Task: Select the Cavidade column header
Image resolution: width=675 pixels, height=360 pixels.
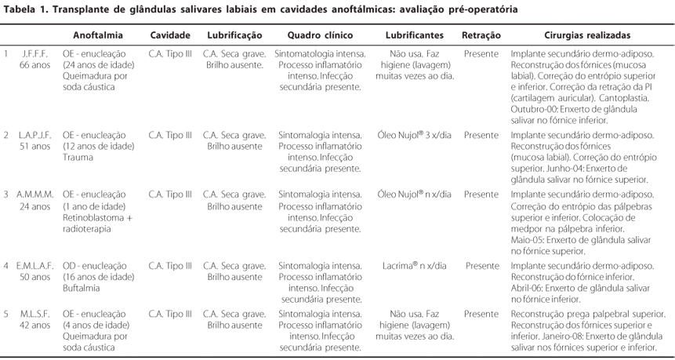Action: pos(169,35)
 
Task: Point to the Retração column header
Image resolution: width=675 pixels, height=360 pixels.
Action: pos(481,35)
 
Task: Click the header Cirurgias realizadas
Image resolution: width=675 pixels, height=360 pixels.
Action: pos(587,35)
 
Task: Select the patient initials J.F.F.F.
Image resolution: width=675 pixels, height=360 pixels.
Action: pos(35,54)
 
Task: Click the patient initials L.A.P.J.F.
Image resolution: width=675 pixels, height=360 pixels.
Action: pos(35,135)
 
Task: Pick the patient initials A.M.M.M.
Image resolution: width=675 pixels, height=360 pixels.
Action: pos(35,194)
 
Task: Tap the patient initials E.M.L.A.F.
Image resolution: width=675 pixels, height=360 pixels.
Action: pos(35,266)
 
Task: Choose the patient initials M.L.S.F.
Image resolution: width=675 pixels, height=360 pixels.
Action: pos(35,314)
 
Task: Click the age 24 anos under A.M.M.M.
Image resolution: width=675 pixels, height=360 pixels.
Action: pos(35,206)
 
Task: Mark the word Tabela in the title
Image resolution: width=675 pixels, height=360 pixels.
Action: pos(22,9)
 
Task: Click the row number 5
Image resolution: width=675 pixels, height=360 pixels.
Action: pos(6,314)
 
